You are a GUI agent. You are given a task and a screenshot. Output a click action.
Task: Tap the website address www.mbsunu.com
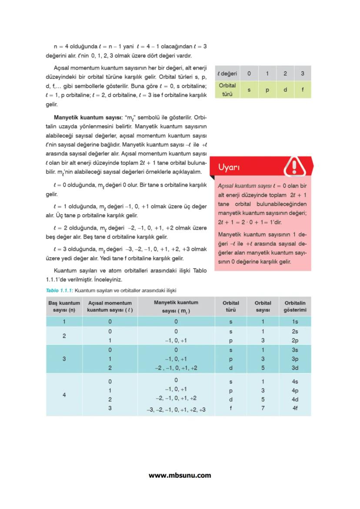point(180,475)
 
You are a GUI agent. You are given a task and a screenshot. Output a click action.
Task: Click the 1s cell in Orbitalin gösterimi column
point(295,322)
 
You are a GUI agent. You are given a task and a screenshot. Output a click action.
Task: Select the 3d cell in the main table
point(295,368)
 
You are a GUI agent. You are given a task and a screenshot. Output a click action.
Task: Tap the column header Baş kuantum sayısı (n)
point(64,306)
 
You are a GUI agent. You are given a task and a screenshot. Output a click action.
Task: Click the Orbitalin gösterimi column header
point(295,306)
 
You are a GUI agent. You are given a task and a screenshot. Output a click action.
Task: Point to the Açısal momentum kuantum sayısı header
point(110,306)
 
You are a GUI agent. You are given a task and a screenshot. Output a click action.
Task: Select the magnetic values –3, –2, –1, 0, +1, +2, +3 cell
point(176,409)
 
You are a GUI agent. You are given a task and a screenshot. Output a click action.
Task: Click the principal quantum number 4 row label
point(64,395)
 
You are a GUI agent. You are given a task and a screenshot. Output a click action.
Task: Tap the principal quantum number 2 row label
point(64,336)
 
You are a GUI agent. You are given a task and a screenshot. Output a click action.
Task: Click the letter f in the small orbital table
point(302,89)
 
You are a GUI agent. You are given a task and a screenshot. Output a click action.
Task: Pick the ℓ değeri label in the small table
point(227,73)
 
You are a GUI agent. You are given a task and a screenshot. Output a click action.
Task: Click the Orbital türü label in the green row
point(227,89)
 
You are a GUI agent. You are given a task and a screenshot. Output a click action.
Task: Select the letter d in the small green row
point(285,89)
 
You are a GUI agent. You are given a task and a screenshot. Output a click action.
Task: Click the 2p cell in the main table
point(295,341)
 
